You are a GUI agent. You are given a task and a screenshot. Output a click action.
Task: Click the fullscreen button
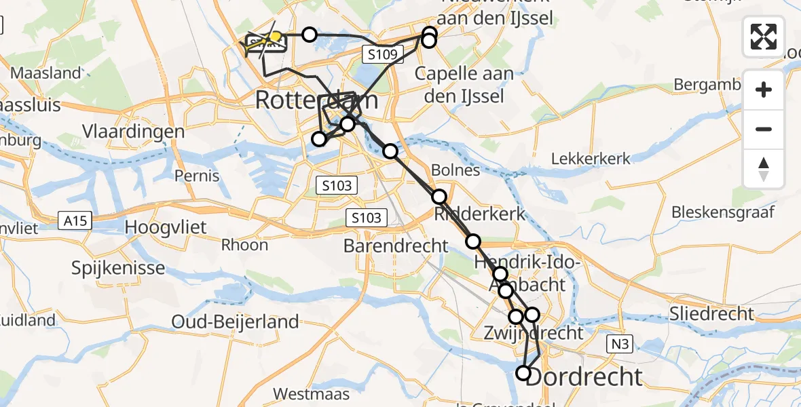pyautogui.click(x=764, y=37)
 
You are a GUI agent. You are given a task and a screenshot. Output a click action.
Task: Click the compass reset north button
pyautogui.click(x=764, y=169)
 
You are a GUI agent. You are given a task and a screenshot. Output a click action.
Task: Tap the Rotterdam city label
pyautogui.click(x=316, y=101)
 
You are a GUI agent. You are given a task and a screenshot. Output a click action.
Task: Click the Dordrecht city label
pyautogui.click(x=584, y=376)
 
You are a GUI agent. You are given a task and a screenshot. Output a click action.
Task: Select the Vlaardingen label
pyautogui.click(x=133, y=131)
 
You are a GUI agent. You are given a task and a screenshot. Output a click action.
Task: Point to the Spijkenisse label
pyautogui.click(x=118, y=268)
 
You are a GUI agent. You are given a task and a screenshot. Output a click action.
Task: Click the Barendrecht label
pyautogui.click(x=396, y=245)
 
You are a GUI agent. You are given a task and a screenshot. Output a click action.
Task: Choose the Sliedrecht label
pyautogui.click(x=712, y=313)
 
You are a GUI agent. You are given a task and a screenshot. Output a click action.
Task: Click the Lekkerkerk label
pyautogui.click(x=591, y=159)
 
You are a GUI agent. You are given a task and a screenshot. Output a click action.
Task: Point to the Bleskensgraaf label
pyautogui.click(x=722, y=212)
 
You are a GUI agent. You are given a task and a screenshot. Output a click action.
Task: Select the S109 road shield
pyautogui.click(x=384, y=54)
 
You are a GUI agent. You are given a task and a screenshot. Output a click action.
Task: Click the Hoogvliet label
pyautogui.click(x=166, y=227)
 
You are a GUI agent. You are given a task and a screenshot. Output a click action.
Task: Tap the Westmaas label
pyautogui.click(x=312, y=393)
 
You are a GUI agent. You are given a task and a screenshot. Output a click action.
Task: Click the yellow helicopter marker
pyautogui.click(x=276, y=37)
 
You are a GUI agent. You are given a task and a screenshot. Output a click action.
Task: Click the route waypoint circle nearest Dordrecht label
pyautogui.click(x=523, y=372)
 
